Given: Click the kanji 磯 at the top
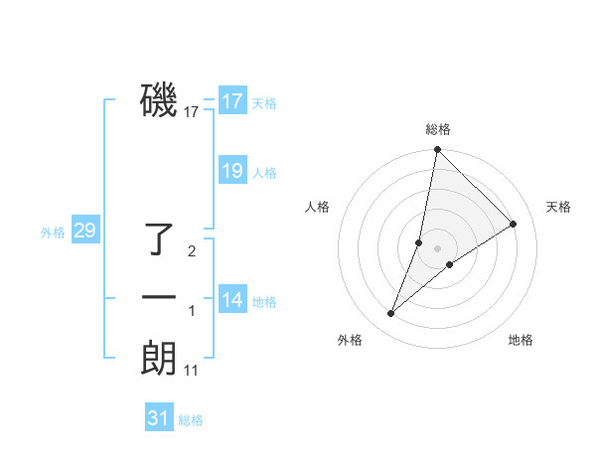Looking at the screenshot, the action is point(159,100).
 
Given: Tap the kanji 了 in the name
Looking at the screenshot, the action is point(159,239).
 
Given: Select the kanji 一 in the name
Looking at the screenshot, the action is point(159,297).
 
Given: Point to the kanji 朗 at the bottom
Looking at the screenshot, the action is point(159,358).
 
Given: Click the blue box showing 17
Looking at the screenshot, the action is point(232,101).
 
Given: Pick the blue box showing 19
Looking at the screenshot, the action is point(232,171).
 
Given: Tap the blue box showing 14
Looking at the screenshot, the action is point(232,300).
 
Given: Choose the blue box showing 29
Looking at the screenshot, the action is point(84,232).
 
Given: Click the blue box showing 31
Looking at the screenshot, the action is point(159,418).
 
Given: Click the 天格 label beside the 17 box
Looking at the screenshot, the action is point(264,103).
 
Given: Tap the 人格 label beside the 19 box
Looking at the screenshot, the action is point(264,173).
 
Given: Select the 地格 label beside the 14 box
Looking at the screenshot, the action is point(264,302).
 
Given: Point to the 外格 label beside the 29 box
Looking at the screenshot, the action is point(53,233).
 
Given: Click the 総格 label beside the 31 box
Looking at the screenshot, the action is point(191,420).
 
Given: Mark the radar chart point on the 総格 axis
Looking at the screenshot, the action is point(437,150).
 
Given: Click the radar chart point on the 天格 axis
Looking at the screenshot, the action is point(514,224).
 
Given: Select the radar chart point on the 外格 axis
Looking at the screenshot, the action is point(391,314).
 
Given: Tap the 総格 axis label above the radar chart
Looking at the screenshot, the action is point(437,129).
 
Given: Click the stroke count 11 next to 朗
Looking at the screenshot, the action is point(192,371).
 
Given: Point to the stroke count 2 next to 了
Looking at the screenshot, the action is point(192,251).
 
